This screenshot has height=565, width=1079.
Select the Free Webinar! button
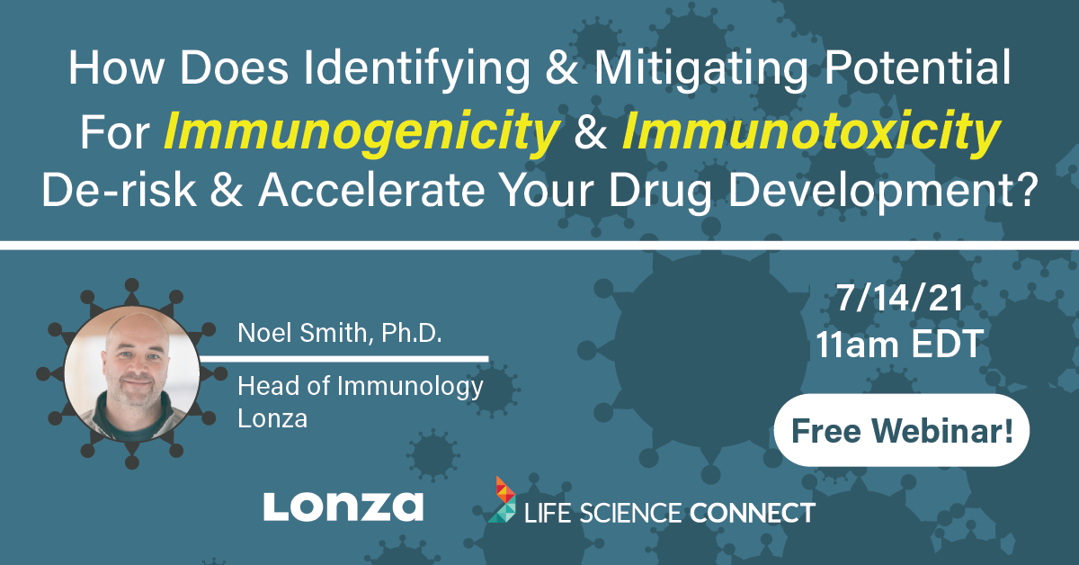(x=902, y=430)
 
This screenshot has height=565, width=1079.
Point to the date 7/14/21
(x=900, y=299)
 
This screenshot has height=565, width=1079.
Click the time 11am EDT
(x=900, y=344)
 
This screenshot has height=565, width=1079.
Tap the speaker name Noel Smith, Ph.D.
(x=340, y=333)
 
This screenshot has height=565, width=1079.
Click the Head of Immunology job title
(x=361, y=388)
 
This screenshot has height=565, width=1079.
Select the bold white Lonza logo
(x=343, y=507)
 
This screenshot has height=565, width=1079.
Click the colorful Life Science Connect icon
(x=503, y=500)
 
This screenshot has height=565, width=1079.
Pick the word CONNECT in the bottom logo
(x=753, y=513)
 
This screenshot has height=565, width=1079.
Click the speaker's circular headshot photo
(x=131, y=374)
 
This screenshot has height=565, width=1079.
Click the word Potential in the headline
(x=918, y=68)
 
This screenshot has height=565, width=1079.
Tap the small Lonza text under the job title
(x=272, y=418)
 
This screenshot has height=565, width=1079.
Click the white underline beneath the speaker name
(x=343, y=359)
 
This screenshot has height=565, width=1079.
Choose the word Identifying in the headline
(x=417, y=68)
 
